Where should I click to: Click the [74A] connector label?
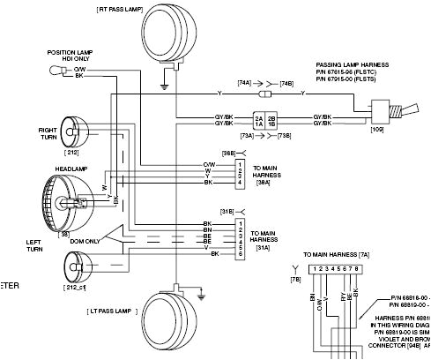coord(246,83)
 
